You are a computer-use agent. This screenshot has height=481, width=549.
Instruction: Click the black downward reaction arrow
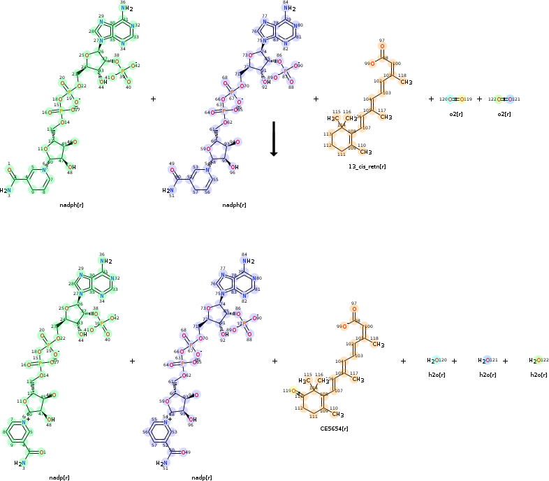click(x=274, y=138)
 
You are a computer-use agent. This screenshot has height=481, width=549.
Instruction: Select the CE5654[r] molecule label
click(x=334, y=427)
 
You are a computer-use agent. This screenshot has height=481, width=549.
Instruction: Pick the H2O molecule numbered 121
click(x=484, y=361)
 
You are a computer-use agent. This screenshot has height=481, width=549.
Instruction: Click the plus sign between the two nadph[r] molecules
click(x=153, y=99)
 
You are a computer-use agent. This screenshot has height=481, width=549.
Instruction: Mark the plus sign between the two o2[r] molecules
click(x=479, y=99)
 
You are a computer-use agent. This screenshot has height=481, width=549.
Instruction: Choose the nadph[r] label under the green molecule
click(x=71, y=205)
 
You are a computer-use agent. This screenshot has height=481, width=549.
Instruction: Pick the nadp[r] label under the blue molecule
click(x=201, y=478)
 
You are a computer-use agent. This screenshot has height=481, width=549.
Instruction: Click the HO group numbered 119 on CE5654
click(x=296, y=391)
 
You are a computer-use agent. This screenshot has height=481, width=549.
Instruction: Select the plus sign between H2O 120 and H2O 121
click(x=454, y=361)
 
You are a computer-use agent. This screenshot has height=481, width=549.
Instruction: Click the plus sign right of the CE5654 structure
click(x=403, y=361)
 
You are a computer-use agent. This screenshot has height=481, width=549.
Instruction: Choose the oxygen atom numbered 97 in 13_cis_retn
click(x=381, y=48)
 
